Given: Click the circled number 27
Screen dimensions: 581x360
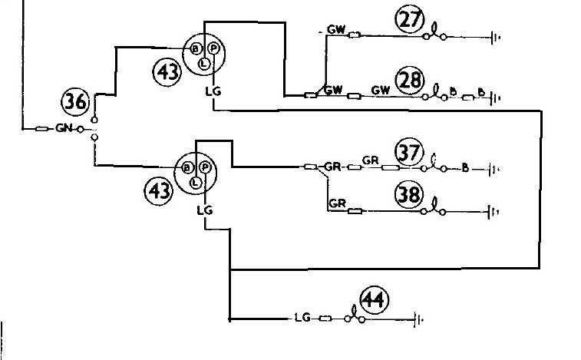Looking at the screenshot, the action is point(410,20).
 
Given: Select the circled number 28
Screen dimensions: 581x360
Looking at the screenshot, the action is point(410,80).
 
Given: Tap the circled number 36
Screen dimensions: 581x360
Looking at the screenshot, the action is point(75,101).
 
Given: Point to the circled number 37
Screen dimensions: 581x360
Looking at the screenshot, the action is point(409,152).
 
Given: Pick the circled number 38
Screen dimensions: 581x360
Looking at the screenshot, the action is point(409,194).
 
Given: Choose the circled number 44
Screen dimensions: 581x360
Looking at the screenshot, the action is point(375,299).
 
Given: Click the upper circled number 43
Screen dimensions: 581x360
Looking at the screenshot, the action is point(167,72).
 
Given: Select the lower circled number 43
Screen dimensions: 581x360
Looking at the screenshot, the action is point(159,191).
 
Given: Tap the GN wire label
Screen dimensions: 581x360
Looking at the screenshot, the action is point(64,128).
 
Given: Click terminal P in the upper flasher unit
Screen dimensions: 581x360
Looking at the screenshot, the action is point(213,48).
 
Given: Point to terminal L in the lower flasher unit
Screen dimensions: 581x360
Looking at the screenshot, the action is point(195,183).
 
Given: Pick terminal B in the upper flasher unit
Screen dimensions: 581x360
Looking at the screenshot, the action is point(195,48).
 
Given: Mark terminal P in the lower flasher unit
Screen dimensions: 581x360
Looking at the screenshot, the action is point(204,167).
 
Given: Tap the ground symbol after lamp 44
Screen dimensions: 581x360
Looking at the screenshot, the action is point(418,319).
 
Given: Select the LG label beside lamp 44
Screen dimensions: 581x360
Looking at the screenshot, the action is point(302,317).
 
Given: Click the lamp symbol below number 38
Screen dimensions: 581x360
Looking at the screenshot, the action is point(433,208).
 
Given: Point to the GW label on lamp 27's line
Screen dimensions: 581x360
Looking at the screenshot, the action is point(336,29).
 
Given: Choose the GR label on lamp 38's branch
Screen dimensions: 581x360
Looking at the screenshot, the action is point(337,203).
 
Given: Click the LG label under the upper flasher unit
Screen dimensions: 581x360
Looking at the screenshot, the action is point(213,91).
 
